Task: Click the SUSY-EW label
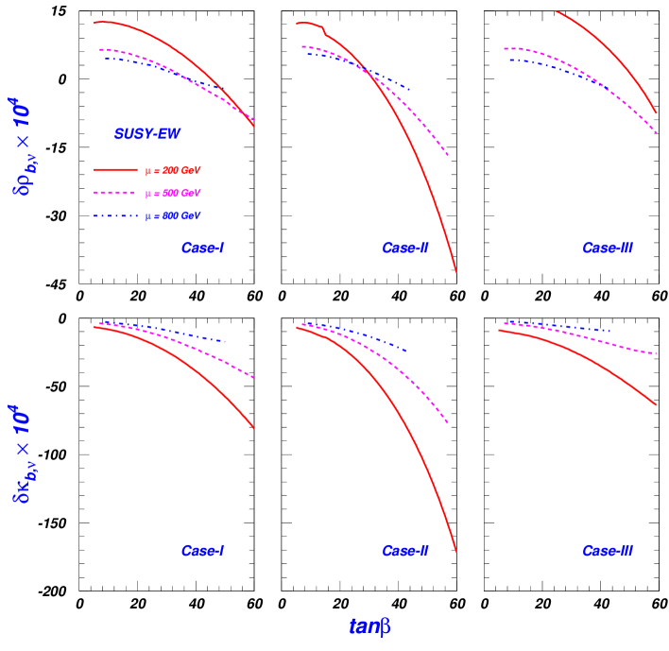point(146,135)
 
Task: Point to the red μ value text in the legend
point(172,170)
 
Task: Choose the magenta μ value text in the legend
point(172,194)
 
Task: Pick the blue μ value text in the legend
point(172,216)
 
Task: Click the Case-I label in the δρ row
point(202,248)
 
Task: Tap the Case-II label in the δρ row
point(405,248)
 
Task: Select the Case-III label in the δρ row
point(608,248)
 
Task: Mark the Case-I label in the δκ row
point(202,551)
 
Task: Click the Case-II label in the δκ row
point(405,551)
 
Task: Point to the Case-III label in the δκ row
point(608,551)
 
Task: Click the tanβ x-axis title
point(369,626)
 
